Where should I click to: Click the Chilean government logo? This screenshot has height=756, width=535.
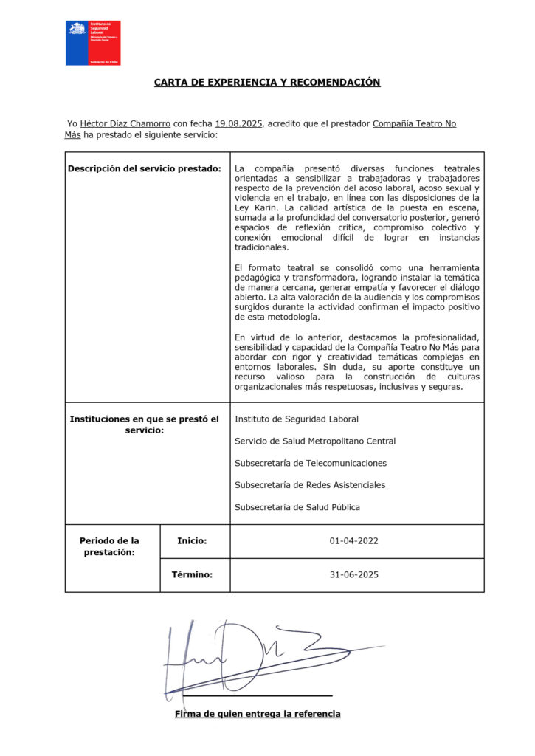point(93,43)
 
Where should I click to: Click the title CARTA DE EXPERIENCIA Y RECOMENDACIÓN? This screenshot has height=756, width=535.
point(267,83)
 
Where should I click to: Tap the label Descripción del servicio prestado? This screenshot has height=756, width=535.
point(144,168)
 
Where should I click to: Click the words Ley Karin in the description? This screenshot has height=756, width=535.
point(255,208)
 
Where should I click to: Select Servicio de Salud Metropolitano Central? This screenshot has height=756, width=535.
point(314,441)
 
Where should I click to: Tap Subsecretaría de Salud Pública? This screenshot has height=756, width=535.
point(297,507)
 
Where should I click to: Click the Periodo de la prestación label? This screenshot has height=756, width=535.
point(108,546)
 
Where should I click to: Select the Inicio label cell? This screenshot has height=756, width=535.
point(192,541)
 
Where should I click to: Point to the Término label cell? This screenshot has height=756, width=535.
point(192,574)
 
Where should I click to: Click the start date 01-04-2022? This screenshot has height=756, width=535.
point(353,541)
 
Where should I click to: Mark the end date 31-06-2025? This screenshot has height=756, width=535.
point(353,574)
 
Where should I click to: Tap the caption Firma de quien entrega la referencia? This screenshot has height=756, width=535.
point(258,714)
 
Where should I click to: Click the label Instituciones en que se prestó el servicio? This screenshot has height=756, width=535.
point(144,425)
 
